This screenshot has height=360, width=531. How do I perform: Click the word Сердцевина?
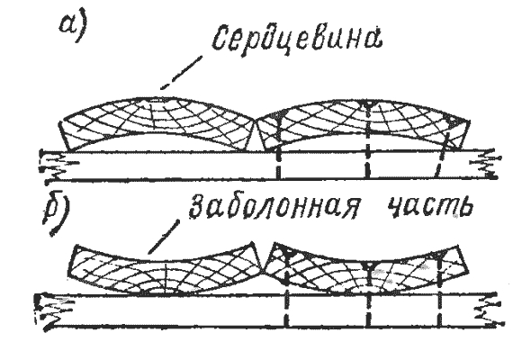tap(297, 40)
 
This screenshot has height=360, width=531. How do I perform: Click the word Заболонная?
tap(274, 205)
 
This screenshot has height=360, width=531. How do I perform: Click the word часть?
tap(430, 205)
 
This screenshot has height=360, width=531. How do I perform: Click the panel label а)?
tap(73, 27)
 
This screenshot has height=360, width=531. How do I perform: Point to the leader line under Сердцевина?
tap(182, 73)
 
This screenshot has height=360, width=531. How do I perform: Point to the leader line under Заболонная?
tap(164, 237)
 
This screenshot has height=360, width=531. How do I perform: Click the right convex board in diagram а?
tap(364, 124)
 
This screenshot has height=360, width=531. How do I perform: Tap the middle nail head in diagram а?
tap(368, 105)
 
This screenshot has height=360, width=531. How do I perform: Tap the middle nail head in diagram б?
tap(368, 265)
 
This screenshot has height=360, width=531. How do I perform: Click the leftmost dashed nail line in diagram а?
tap(278, 148)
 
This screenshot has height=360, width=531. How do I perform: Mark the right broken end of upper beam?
tap(484, 164)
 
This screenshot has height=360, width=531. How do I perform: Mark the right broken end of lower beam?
tap(489, 310)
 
